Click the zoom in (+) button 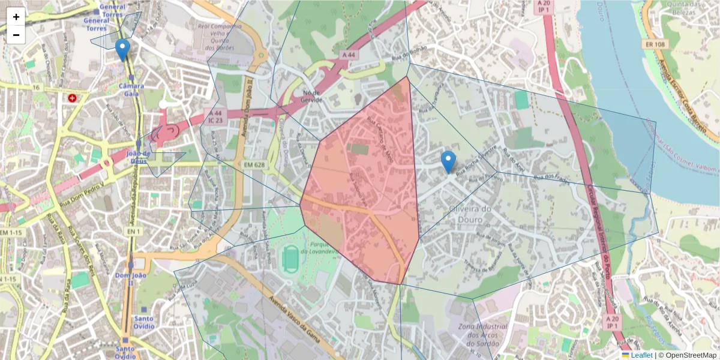click(x=16, y=17)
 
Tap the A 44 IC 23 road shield click(x=215, y=116)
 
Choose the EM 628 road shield click(x=255, y=164)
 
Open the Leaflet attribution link click(x=641, y=355)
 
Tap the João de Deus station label click(x=139, y=157)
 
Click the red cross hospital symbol click(x=73, y=97)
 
